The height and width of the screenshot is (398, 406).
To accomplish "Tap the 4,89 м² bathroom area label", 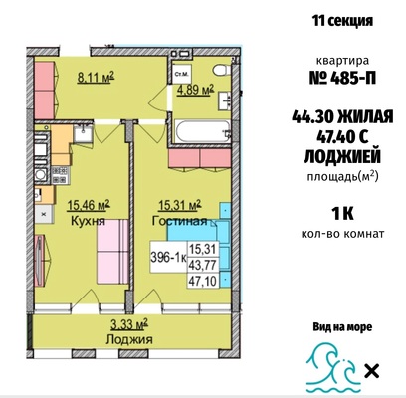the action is tap(195, 90).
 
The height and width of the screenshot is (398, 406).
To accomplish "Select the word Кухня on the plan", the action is tap(88, 221).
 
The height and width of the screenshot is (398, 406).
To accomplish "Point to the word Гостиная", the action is tap(179, 221).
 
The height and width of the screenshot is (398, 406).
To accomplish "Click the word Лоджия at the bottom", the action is tap(129, 339).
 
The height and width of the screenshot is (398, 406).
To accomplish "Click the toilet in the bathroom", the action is tap(222, 71).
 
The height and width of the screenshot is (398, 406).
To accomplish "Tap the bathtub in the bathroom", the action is tap(203, 131).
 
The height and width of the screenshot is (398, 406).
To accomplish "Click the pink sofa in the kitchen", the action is tap(112, 252).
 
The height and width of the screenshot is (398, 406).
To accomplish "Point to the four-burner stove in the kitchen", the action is tap(60, 175).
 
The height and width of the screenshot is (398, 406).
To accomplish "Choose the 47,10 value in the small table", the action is tap(202, 282).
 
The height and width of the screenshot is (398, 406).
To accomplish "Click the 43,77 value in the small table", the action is tap(202, 265).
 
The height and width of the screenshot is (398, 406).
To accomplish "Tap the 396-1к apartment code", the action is tap(168, 258).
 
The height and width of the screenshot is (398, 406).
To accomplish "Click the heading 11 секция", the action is tap(342, 21).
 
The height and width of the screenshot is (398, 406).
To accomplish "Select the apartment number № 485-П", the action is tap(342, 79).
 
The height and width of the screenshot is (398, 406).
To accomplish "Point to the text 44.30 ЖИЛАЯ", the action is tap(342, 117).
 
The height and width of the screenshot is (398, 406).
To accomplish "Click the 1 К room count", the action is tap(342, 214).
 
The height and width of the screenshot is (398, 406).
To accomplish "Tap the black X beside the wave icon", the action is tap(372, 371).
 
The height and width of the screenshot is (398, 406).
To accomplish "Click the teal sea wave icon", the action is tap(333, 369).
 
